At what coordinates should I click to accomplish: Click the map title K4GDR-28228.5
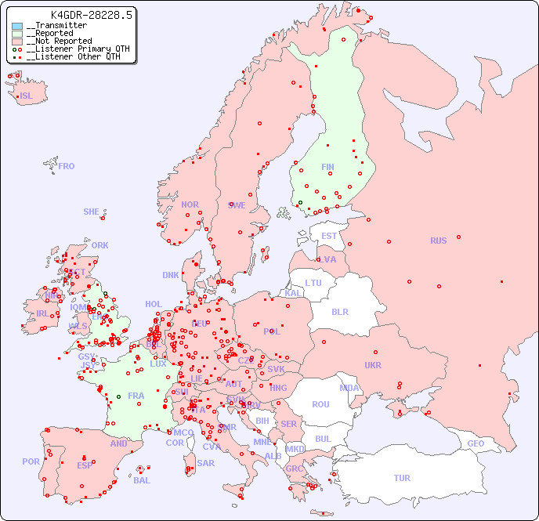(92, 14)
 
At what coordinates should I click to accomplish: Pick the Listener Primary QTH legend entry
(74, 49)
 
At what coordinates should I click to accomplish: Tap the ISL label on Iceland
(27, 96)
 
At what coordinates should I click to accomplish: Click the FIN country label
(327, 167)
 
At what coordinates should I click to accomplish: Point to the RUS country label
(438, 241)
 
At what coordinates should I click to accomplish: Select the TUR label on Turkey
(402, 478)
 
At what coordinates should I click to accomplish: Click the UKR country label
(373, 365)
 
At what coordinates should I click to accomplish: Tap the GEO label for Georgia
(476, 443)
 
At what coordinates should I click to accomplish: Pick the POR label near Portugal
(31, 461)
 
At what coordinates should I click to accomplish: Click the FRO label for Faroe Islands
(67, 166)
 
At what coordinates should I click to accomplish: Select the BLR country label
(340, 311)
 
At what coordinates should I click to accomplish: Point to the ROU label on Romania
(320, 404)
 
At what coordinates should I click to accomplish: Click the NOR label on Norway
(190, 204)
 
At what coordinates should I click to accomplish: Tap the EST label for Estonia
(329, 236)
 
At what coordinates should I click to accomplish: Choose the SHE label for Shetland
(92, 212)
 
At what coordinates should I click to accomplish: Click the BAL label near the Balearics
(141, 480)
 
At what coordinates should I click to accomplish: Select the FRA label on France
(136, 396)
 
